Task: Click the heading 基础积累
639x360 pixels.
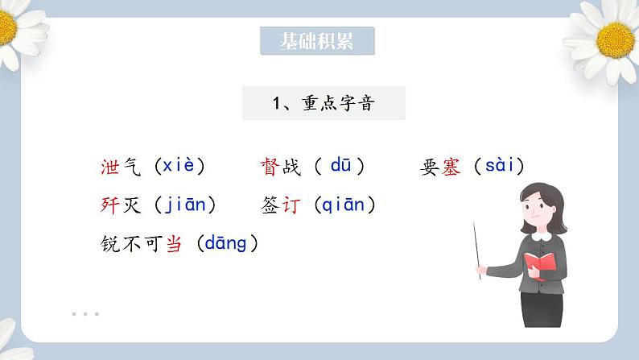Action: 317,41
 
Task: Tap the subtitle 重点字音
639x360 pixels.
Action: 324,103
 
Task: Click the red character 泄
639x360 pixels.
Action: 109,167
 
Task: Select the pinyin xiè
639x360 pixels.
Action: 179,167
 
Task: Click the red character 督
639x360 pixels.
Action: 270,167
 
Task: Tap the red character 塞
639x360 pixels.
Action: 451,167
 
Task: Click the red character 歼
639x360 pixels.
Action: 109,205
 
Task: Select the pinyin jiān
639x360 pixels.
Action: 185,205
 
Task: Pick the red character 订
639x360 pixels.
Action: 291,205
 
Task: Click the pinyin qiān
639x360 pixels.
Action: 344,205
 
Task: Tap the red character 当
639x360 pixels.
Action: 173,243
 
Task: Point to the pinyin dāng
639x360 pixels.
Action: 226,243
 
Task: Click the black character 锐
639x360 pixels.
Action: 109,243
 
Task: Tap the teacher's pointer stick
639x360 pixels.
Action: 477,250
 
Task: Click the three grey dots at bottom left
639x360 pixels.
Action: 84,313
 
